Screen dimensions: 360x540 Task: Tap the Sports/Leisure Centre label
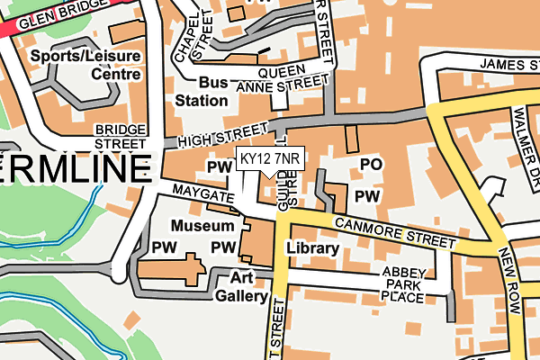tap(85, 64)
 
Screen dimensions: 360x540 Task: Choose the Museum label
tap(202, 225)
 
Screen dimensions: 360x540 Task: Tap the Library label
tap(312, 247)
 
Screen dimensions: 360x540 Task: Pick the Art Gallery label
tap(241, 287)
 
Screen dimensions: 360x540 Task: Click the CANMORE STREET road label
tap(395, 232)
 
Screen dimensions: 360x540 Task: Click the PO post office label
tap(371, 165)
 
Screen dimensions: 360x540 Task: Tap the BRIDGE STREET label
tap(120, 137)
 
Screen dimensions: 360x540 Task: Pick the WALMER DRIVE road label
tap(526, 130)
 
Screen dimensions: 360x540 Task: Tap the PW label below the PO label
tap(366, 196)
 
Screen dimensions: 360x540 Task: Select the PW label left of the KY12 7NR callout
tap(220, 167)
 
